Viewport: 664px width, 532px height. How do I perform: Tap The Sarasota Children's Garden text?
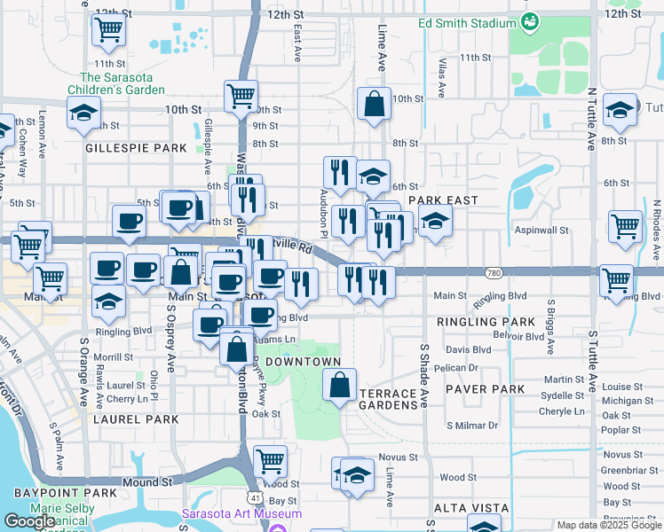tap(123, 83)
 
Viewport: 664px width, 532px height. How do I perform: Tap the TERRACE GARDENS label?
tap(388, 399)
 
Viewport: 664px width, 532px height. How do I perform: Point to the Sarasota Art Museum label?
tap(241, 513)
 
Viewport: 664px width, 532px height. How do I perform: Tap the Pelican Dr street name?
tap(462, 367)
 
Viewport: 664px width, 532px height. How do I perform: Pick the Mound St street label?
tap(146, 482)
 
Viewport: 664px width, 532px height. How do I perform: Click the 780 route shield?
tap(495, 271)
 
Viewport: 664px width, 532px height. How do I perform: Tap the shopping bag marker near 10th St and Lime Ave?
tap(375, 104)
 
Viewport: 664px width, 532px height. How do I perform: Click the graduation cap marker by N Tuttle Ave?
tap(620, 111)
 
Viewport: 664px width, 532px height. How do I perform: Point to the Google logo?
tap(30, 521)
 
